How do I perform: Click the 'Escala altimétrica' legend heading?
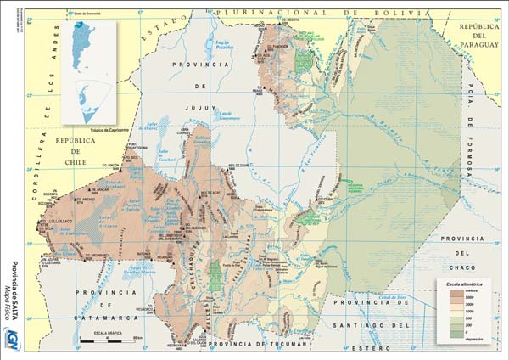coord(461,282)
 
